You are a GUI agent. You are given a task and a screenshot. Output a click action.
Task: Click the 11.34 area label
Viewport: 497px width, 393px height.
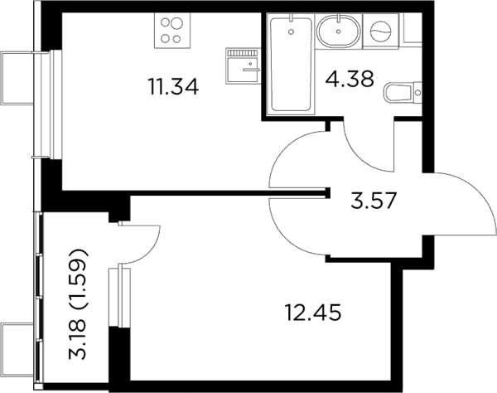pyautogui.click(x=173, y=86)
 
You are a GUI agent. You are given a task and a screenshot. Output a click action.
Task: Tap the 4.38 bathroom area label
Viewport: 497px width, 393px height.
pyautogui.click(x=350, y=79)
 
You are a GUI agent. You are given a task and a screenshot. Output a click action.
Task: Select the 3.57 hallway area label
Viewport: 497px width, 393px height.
pyautogui.click(x=374, y=201)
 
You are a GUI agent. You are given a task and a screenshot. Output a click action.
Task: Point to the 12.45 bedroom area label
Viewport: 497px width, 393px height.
pyautogui.click(x=313, y=312)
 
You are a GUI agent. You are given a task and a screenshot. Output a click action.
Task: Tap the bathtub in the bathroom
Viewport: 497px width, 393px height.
pyautogui.click(x=291, y=64)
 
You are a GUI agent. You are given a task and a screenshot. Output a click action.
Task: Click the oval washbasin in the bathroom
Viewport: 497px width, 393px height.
pyautogui.click(x=339, y=32)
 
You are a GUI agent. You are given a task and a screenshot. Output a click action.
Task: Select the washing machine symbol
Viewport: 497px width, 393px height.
pyautogui.click(x=380, y=31)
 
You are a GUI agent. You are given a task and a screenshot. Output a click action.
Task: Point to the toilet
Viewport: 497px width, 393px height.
pyautogui.click(x=403, y=93)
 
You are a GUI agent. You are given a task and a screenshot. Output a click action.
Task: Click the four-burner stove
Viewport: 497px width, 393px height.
pyautogui.click(x=172, y=31)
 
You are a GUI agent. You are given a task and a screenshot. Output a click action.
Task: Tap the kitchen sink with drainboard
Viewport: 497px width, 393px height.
pyautogui.click(x=243, y=66)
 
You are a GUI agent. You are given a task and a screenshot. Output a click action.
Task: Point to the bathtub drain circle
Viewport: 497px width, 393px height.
pyautogui.click(x=292, y=32)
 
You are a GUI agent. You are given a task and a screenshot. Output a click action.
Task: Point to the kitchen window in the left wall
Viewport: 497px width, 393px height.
pyautogui.click(x=53, y=104)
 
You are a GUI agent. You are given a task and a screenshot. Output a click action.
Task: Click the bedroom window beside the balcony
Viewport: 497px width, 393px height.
pyautogui.click(x=119, y=297)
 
